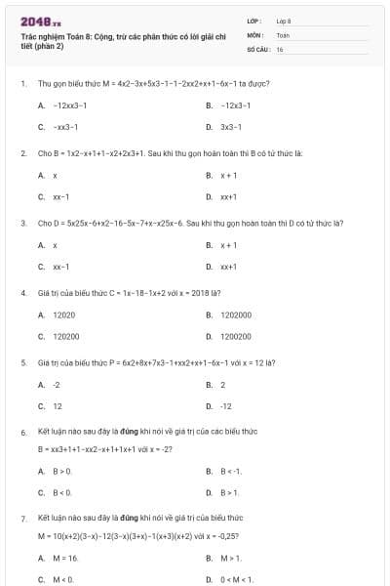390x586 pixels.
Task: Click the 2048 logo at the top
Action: pyautogui.click(x=40, y=20)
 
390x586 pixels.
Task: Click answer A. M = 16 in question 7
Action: pyautogui.click(x=59, y=558)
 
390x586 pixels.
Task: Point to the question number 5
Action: pyautogui.click(x=23, y=362)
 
